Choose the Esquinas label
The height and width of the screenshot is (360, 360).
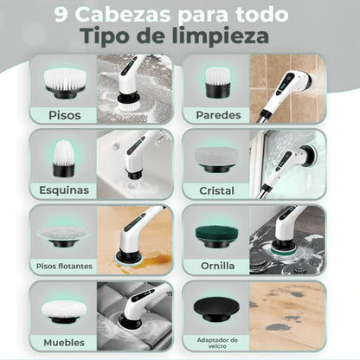point(63,190)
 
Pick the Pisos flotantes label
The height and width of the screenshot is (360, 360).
point(63,266)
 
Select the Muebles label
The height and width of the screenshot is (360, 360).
point(63,342)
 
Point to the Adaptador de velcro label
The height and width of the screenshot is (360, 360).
point(216,341)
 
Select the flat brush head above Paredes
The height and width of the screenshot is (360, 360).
point(216,82)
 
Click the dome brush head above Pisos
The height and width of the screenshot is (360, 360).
point(63,81)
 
